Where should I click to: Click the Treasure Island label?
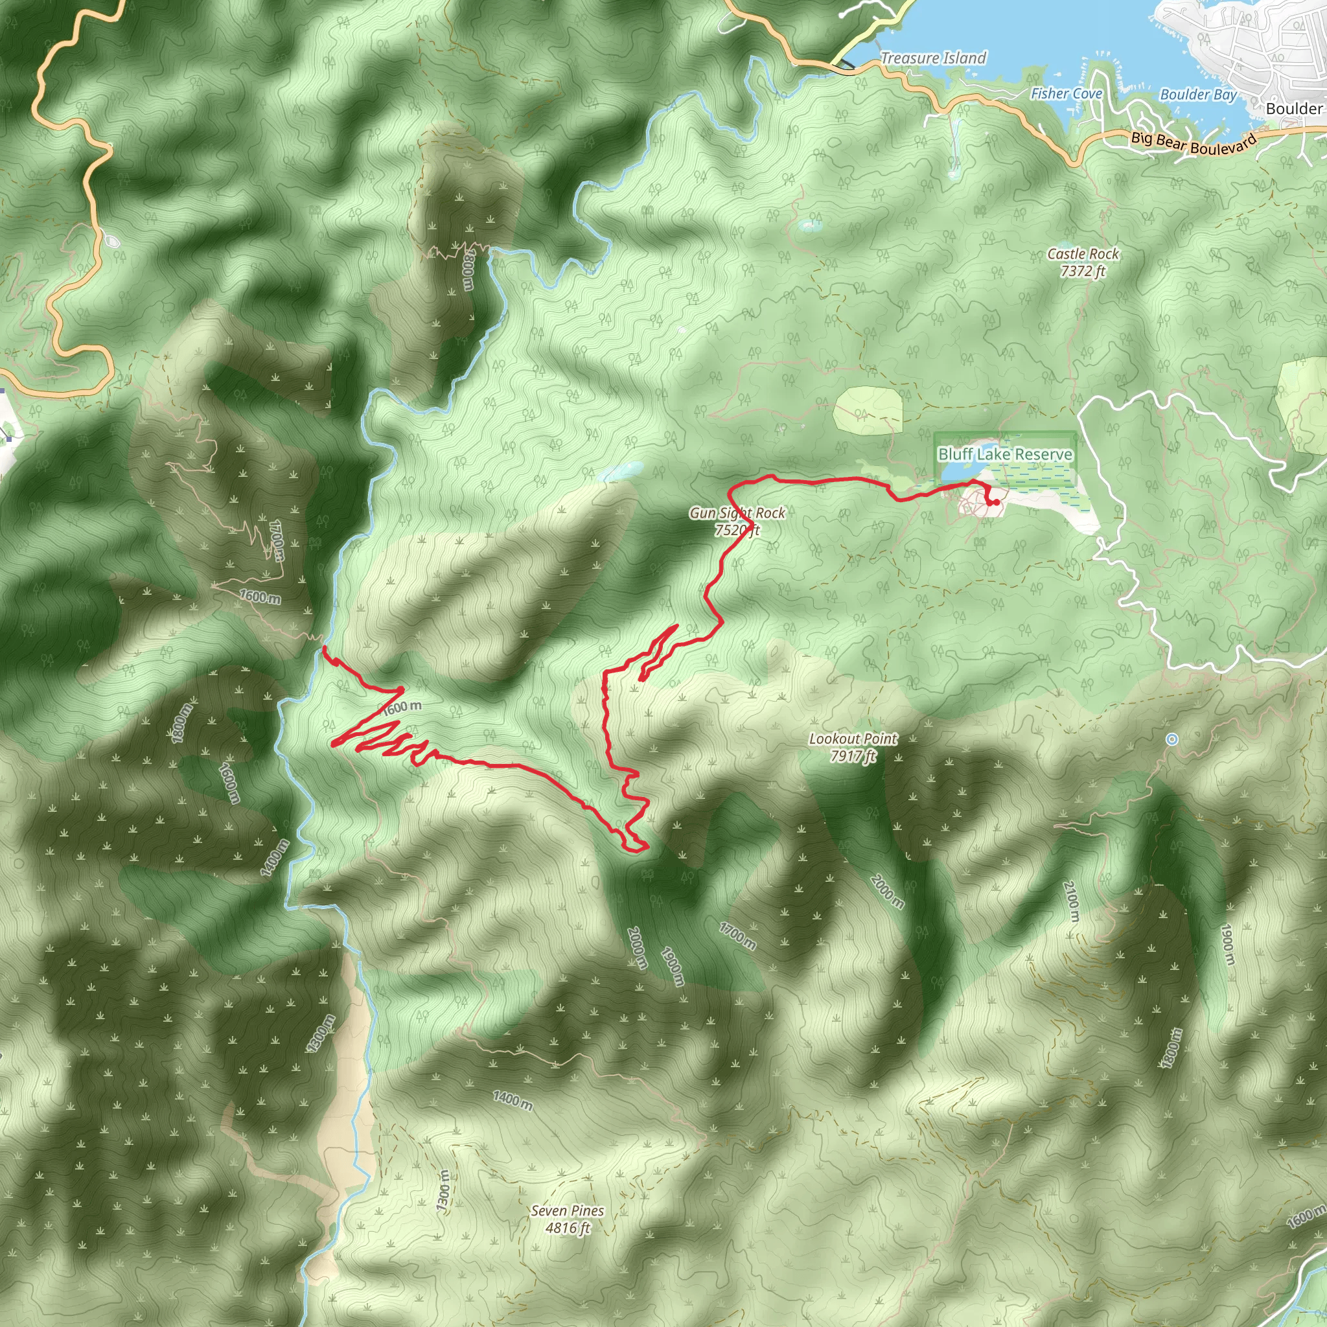pos(933,58)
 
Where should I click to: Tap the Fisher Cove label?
pos(1066,93)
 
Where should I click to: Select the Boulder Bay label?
pos(1198,95)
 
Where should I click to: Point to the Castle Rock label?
pos(1083,254)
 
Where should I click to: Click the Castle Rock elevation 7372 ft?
pos(1083,271)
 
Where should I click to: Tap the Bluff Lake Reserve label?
pos(1005,454)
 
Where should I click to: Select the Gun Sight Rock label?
pos(737,513)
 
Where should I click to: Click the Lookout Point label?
pos(853,739)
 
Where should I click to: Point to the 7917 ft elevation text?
pos(853,756)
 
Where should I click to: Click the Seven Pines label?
pos(568,1211)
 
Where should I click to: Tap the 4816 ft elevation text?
pos(568,1228)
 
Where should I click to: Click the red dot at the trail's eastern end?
pos(996,502)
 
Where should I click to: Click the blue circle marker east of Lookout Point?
pos(1172,739)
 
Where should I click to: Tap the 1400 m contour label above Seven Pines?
pos(513,1100)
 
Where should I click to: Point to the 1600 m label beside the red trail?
pos(402,707)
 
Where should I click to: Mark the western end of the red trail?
pos(323,647)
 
